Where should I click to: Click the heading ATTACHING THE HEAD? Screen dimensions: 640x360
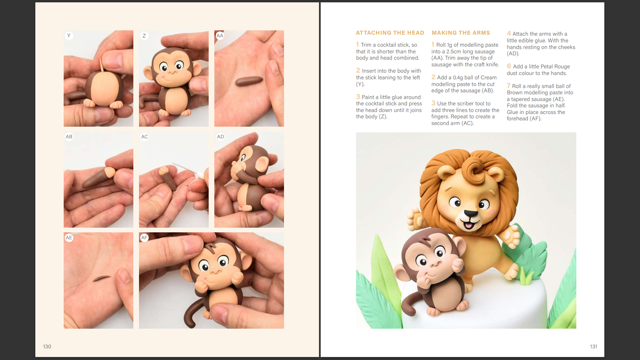(x=390, y=33)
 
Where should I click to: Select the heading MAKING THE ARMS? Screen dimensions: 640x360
(x=461, y=33)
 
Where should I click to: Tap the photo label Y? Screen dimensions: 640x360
(x=69, y=36)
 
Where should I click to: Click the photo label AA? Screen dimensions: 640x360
(x=220, y=36)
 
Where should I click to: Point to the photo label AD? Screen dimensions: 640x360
(x=220, y=137)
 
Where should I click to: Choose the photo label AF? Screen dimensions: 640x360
(x=144, y=238)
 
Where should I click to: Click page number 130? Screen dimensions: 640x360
(x=47, y=347)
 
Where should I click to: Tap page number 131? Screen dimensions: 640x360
(x=593, y=347)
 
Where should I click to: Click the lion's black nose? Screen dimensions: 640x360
(x=471, y=214)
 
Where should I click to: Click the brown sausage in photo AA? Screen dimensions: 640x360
(x=249, y=81)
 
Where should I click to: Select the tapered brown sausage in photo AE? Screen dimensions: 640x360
(x=102, y=278)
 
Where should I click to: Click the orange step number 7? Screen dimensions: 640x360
(x=509, y=86)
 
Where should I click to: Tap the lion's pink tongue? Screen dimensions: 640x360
(x=469, y=226)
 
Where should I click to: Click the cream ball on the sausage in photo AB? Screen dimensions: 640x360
(x=110, y=172)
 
